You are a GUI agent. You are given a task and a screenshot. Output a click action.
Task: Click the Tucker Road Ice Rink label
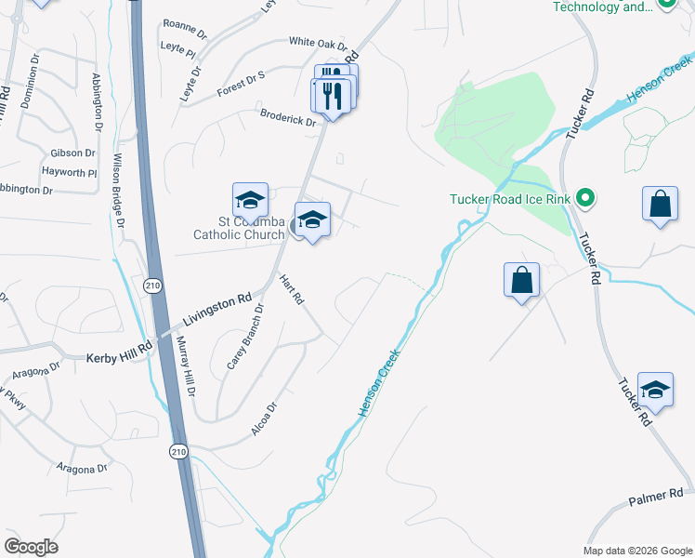click(509, 198)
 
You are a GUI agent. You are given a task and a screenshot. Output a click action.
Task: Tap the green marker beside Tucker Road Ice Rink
click(584, 197)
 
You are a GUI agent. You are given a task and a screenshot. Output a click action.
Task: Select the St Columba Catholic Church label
click(239, 228)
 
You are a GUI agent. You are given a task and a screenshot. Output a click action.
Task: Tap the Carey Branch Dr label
click(246, 337)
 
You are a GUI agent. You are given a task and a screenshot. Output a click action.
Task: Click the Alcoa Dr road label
click(265, 419)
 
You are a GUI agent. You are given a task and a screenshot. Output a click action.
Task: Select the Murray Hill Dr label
click(186, 367)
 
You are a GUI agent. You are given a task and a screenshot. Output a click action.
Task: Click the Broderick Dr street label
click(289, 120)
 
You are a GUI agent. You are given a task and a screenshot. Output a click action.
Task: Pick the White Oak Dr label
click(317, 43)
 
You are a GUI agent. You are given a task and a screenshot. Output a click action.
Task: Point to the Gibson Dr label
click(73, 153)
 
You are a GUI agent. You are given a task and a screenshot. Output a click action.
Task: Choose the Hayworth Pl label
click(69, 172)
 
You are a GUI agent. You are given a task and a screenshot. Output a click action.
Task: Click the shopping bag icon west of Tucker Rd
click(522, 280)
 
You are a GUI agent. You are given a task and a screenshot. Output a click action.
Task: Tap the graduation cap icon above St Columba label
click(250, 200)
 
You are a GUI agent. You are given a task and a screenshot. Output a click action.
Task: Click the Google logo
click(31, 547)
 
